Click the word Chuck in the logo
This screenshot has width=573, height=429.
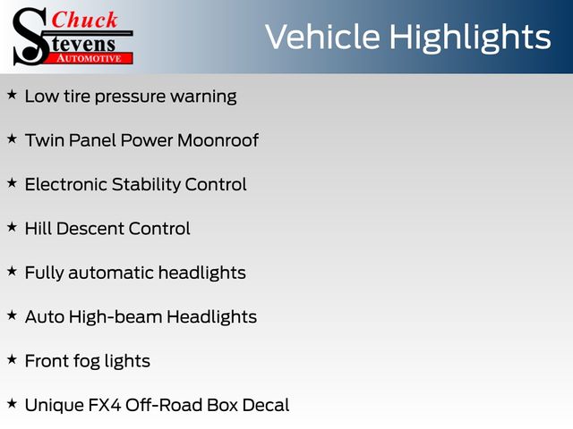point(84,20)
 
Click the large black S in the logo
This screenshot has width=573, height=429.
point(30,37)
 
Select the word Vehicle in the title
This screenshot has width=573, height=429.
point(322,37)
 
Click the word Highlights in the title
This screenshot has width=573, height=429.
point(469,38)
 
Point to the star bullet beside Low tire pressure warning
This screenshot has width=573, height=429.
point(12,95)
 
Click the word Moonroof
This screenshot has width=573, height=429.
point(218,140)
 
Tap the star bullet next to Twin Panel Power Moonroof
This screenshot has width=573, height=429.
point(12,139)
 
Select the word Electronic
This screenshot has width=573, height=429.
point(66,184)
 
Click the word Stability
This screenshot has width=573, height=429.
point(146,185)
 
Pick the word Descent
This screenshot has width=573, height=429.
point(90,229)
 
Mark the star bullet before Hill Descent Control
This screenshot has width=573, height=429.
point(12,227)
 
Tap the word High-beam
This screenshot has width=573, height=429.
point(115,317)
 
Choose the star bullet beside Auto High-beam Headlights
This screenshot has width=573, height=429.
point(12,315)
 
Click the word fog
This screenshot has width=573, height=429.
point(87,362)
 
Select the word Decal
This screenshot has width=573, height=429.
point(266,405)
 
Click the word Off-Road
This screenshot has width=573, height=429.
point(164,405)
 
